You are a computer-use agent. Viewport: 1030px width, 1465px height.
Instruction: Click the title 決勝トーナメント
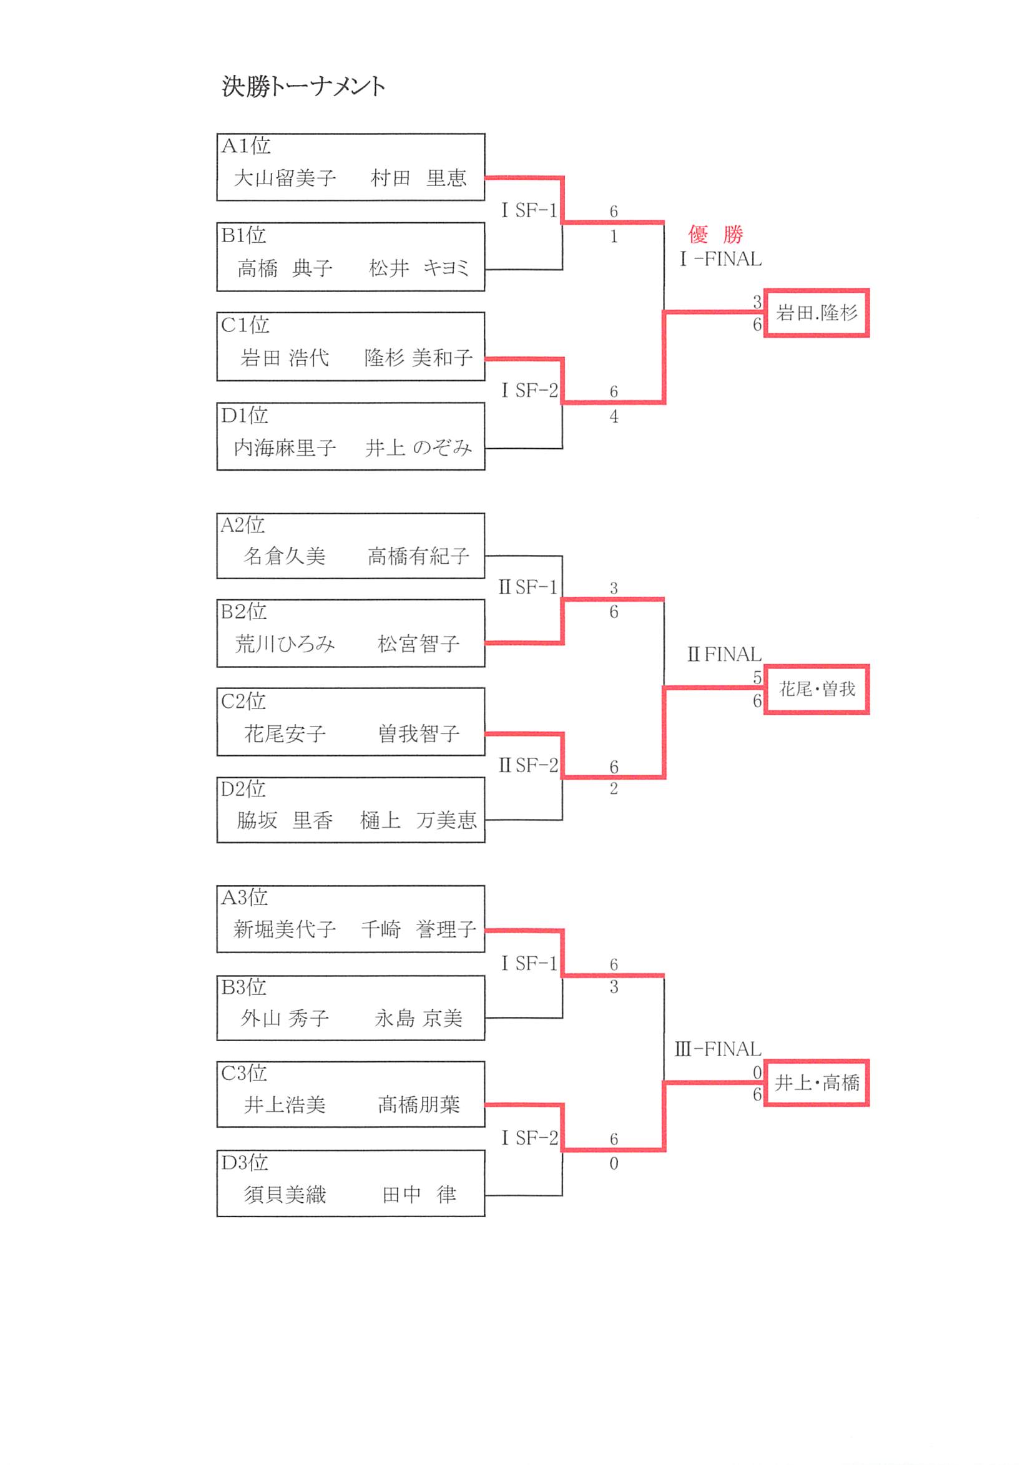303,86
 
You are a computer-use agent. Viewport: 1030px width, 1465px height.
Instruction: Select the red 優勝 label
715,234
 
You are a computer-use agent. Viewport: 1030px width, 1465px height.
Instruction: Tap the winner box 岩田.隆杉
817,313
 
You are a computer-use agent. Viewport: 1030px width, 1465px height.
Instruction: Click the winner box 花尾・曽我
817,689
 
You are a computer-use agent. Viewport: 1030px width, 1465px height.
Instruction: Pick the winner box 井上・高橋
817,1083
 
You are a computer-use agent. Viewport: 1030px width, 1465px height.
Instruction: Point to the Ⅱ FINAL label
723,654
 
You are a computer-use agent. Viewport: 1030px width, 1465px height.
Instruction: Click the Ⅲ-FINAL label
717,1049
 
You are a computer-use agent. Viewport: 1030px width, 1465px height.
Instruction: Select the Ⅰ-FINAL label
720,259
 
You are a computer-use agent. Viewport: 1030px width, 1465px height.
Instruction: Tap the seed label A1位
246,146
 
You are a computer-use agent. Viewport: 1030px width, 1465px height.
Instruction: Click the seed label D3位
244,1162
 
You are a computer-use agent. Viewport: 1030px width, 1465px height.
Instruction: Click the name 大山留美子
285,178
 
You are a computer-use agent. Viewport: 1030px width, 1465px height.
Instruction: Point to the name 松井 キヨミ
419,268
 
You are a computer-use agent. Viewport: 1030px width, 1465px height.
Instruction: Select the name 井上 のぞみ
419,448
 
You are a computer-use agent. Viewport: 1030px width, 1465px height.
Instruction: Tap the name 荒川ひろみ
285,644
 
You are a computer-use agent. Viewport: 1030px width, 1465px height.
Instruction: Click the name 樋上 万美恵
418,820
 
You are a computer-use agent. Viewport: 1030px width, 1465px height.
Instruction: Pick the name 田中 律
419,1195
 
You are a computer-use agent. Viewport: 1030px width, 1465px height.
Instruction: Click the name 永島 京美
418,1018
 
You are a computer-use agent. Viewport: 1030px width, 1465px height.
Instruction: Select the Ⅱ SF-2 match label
527,765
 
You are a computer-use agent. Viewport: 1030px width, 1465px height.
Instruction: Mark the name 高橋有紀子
418,556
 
